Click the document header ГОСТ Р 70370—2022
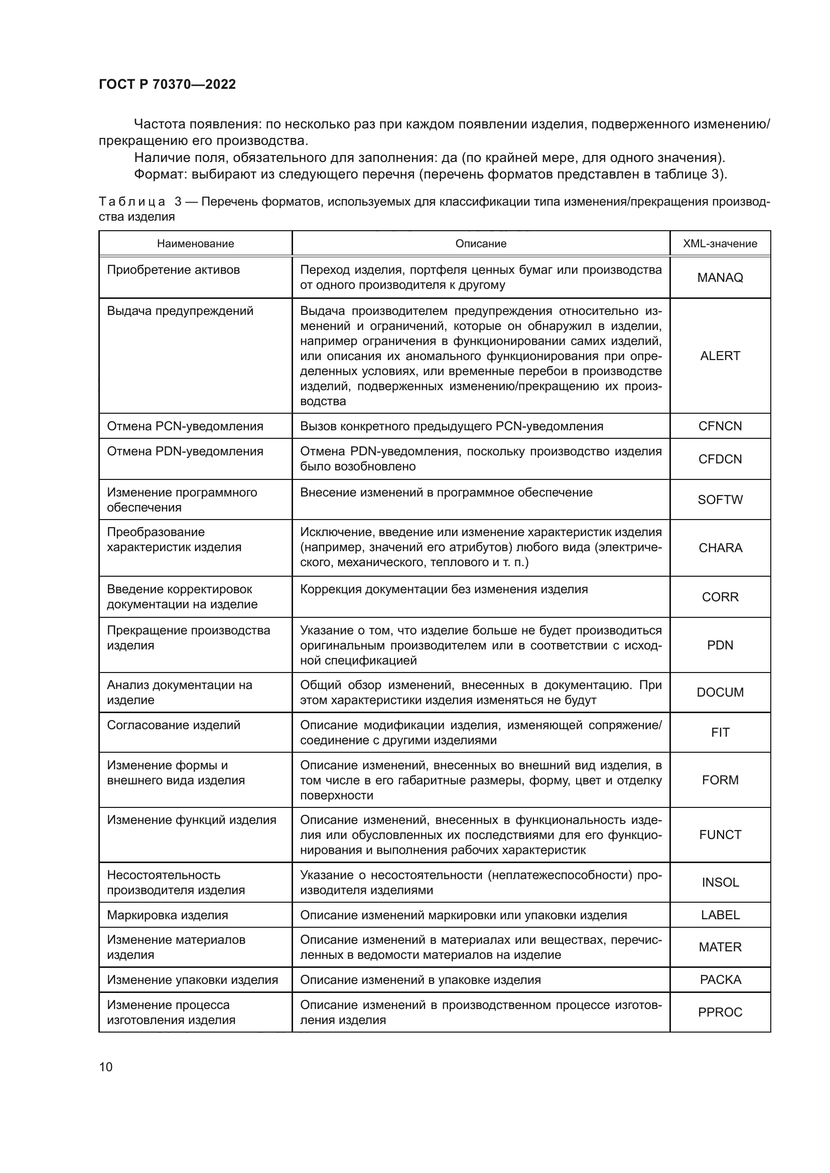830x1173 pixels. tap(167, 84)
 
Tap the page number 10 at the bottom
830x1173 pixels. tap(106, 1067)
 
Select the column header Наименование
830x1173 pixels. tap(195, 244)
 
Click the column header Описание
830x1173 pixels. tap(480, 244)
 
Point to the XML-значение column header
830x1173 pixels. tap(720, 244)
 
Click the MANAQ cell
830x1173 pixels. tap(720, 277)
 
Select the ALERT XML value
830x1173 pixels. tap(720, 356)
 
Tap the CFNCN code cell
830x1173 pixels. tap(720, 426)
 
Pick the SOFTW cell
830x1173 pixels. tap(720, 499)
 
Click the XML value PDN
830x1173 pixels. tap(720, 645)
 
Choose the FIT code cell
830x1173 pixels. tap(720, 732)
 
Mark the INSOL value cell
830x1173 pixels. tap(720, 882)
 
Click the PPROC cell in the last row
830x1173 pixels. tap(720, 1012)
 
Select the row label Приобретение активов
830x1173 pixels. tap(173, 270)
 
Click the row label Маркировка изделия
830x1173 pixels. tap(167, 915)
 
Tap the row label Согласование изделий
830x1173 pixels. tap(173, 725)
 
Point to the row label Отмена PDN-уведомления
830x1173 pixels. tap(185, 451)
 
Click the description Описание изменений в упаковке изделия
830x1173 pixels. tap(420, 979)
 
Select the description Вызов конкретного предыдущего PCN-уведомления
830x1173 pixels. tap(451, 426)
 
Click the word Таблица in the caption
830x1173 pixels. tap(132, 202)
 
